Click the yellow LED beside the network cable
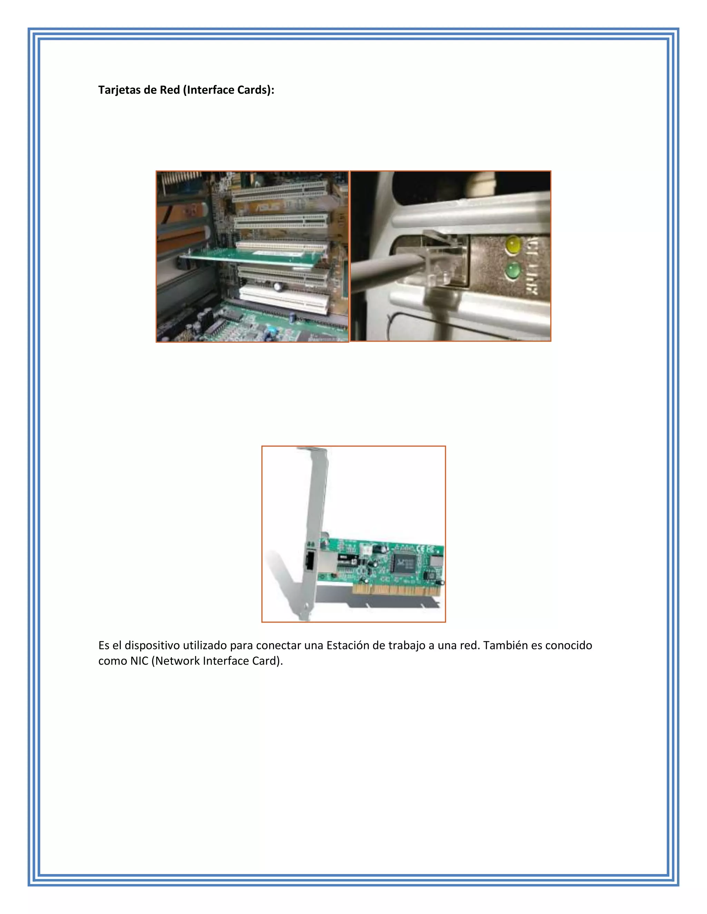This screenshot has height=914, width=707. [x=513, y=245]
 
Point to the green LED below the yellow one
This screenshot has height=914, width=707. [x=512, y=271]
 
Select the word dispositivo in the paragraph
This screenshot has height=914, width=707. [x=153, y=645]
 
